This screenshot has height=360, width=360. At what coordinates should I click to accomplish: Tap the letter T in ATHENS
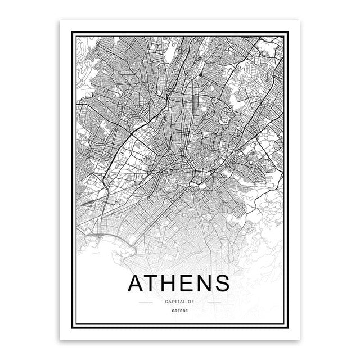[157, 283]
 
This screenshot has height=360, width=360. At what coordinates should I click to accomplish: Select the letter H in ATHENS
[177, 283]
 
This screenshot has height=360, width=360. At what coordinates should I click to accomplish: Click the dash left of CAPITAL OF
[146, 302]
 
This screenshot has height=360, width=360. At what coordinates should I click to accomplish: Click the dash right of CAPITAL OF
[214, 302]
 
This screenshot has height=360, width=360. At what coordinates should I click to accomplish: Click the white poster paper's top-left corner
[60, 20]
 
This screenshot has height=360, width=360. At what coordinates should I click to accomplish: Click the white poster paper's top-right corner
[300, 20]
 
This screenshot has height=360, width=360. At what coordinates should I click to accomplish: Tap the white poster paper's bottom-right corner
[300, 340]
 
